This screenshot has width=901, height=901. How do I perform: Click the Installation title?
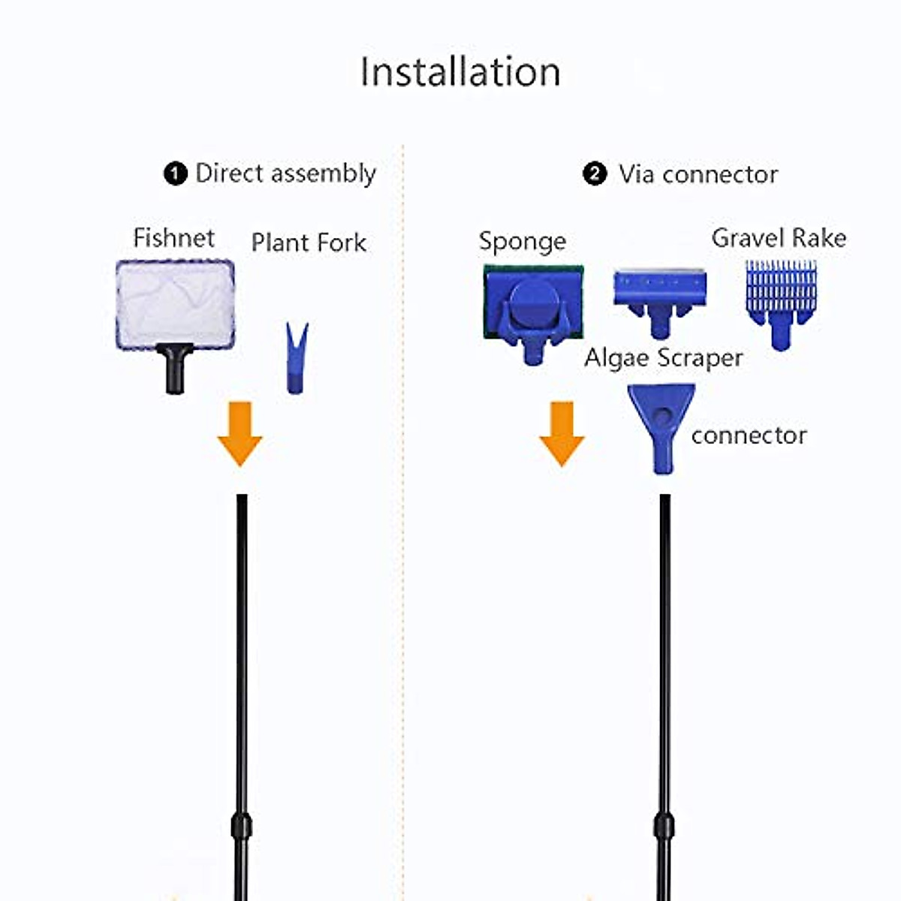pos(460,72)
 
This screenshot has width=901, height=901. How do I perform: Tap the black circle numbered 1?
pos(176,174)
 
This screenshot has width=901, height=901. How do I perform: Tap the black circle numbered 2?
pos(595,174)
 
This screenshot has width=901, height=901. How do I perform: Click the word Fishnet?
pos(174,238)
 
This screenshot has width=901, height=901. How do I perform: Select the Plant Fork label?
pos(309,243)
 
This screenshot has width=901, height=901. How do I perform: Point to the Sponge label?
pos(523,242)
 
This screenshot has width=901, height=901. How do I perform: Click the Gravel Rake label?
pos(779,238)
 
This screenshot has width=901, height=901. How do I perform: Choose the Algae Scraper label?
pos(664,358)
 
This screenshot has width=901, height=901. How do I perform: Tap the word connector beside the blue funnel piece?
pos(749,435)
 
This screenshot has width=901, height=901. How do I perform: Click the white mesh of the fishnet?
pos(176,304)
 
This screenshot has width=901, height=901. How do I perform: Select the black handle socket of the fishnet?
pos(176,369)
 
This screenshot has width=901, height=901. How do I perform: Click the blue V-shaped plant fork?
pos(297,358)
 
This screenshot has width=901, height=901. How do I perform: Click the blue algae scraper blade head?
pos(660,303)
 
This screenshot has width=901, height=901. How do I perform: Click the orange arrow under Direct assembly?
pos(240,434)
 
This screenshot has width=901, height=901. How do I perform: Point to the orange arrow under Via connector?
pos(562,434)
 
